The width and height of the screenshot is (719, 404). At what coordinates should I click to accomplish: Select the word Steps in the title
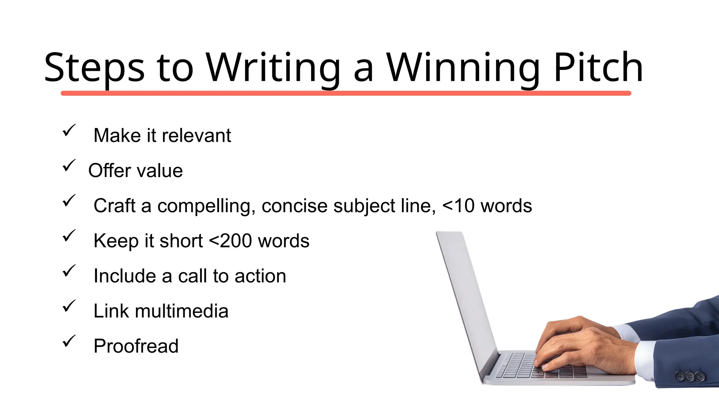tap(94, 67)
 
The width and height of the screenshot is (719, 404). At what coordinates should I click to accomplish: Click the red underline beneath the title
tap(346, 93)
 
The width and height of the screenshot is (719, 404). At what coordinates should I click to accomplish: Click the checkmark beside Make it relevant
tap(69, 130)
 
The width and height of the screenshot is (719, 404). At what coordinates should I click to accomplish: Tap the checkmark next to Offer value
tap(69, 166)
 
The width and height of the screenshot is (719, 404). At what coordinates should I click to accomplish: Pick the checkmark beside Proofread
tap(69, 341)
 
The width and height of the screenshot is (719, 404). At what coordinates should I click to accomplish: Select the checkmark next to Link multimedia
tap(69, 306)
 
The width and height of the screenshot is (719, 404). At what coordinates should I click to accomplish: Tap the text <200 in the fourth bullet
tap(230, 241)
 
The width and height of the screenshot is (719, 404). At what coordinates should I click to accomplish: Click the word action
tap(260, 276)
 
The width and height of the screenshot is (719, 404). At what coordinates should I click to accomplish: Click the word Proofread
tap(136, 346)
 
